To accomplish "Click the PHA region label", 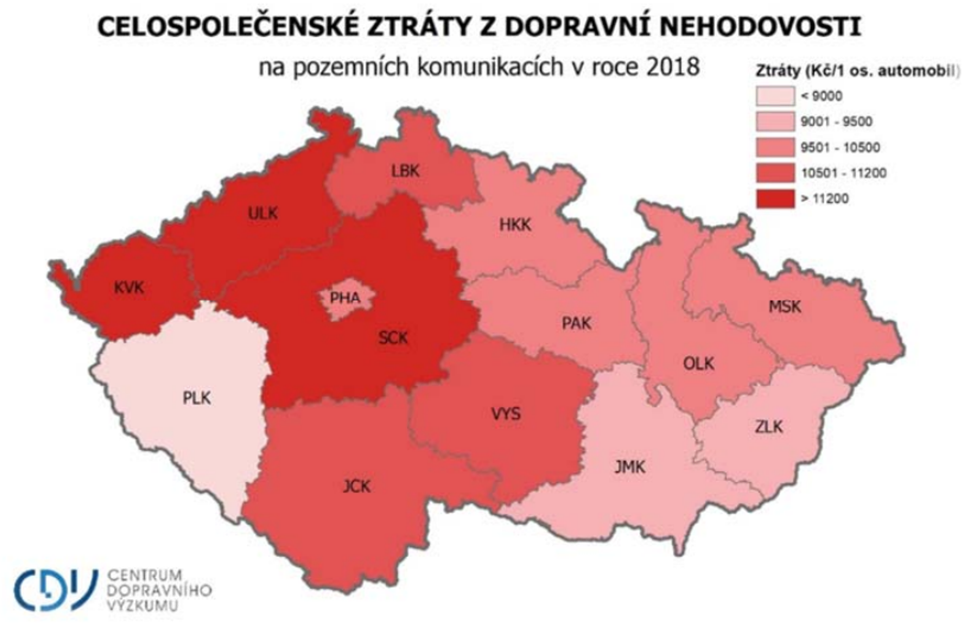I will coord(345,298).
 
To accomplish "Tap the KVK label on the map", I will coord(129,288).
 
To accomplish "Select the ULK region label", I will coord(263,213).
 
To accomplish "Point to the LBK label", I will coord(405,171).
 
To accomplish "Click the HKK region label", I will coord(515,224).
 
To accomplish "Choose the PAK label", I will coord(576,324).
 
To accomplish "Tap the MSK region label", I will coord(785,307).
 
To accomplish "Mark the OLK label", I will coord(699,364).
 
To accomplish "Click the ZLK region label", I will coord(769,427).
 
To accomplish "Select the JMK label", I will coord(630,467).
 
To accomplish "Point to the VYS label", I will coord(506,414).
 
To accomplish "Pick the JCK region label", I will coord(356,486).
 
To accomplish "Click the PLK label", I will coord(196,398).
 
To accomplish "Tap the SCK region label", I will coord(392,338).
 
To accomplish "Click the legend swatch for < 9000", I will coord(775,96).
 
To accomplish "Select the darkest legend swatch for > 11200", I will coord(775,199).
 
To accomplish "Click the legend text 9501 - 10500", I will coord(840,147).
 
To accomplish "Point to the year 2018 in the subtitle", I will coord(673,67).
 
